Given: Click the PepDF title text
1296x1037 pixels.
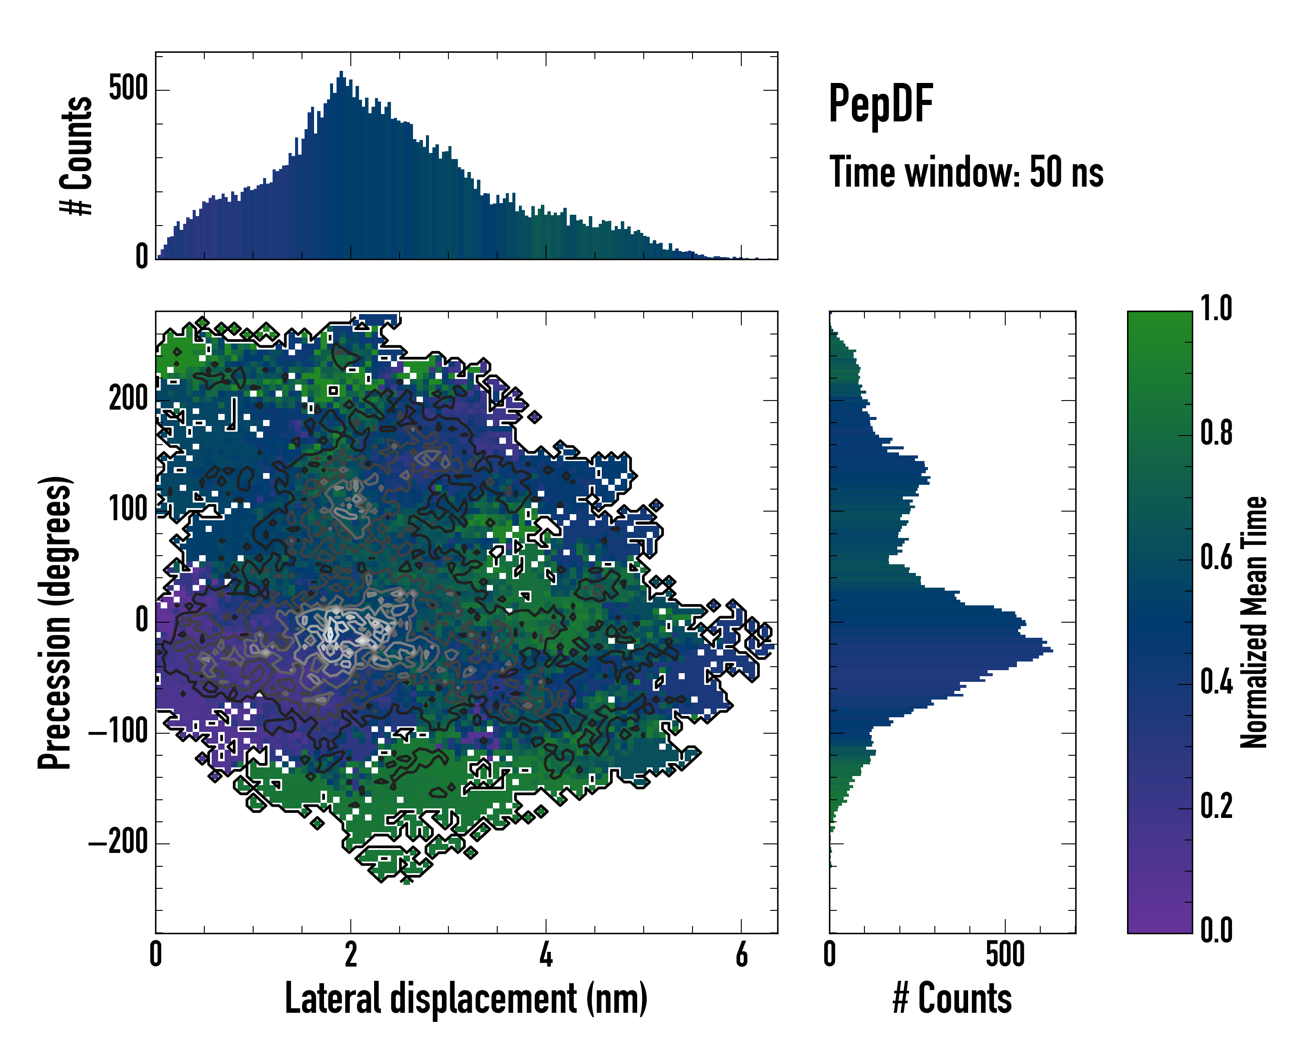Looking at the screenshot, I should point(880,103).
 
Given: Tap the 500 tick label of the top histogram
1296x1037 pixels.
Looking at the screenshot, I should point(129,89).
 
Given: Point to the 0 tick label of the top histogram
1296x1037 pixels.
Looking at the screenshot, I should point(142,257).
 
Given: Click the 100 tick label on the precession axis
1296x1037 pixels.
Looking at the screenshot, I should point(129,510).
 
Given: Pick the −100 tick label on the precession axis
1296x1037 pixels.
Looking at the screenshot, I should point(118,732).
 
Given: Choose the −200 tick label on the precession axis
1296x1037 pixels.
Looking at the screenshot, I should point(118,843).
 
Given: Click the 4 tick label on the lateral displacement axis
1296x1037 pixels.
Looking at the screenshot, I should point(546,954).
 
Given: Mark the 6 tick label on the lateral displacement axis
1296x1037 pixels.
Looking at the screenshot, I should point(742,954).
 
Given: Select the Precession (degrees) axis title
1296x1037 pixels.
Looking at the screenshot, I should point(55,622).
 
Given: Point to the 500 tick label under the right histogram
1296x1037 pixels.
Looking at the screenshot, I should point(1005,954).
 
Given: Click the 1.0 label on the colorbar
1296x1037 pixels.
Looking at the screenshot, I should point(1216,309).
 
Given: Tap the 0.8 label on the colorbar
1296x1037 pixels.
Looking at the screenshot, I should point(1216,433).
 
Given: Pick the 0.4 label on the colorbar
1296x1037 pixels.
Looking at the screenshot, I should point(1216,682).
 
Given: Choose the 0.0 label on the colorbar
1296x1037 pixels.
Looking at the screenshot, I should point(1216,930).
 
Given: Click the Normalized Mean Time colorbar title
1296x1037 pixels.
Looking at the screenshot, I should point(1254,622).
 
